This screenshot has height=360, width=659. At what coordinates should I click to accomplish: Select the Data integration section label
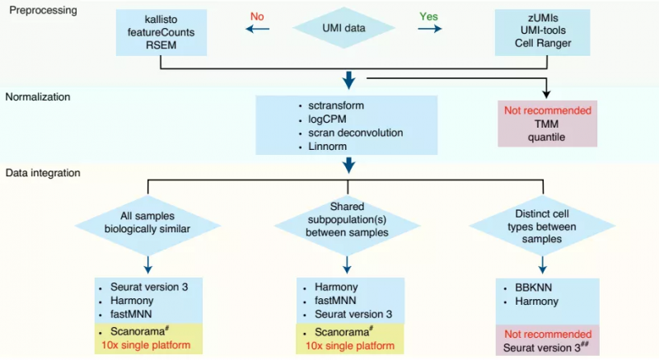42,174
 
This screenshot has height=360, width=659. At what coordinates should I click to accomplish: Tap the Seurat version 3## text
548,347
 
